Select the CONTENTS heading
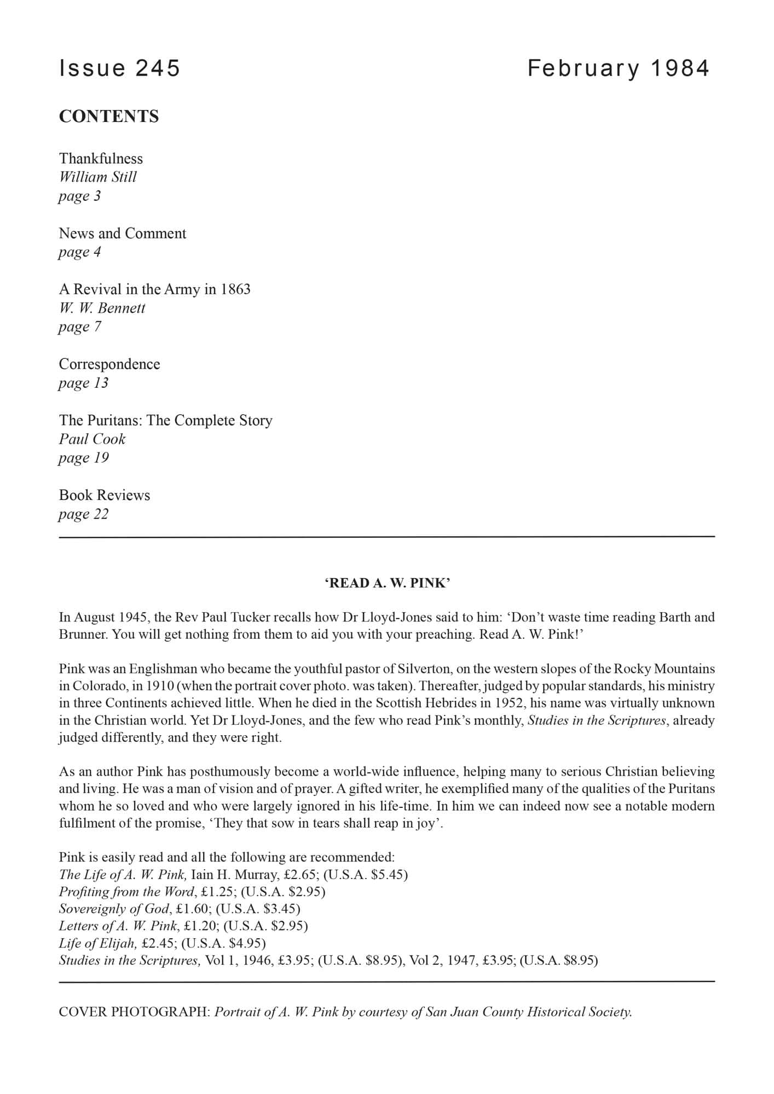pos(109,117)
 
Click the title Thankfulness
pos(101,159)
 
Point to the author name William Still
pos(97,177)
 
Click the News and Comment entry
pos(123,234)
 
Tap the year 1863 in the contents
pos(235,289)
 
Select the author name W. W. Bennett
pos(102,308)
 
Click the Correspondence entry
pos(109,364)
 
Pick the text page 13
pos(83,383)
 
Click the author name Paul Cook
pos(92,439)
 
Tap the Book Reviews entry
pos(105,496)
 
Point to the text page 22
pos(83,514)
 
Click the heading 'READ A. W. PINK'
pos(387,583)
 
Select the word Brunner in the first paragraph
pos(82,635)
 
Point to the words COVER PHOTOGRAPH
pos(134,1012)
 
